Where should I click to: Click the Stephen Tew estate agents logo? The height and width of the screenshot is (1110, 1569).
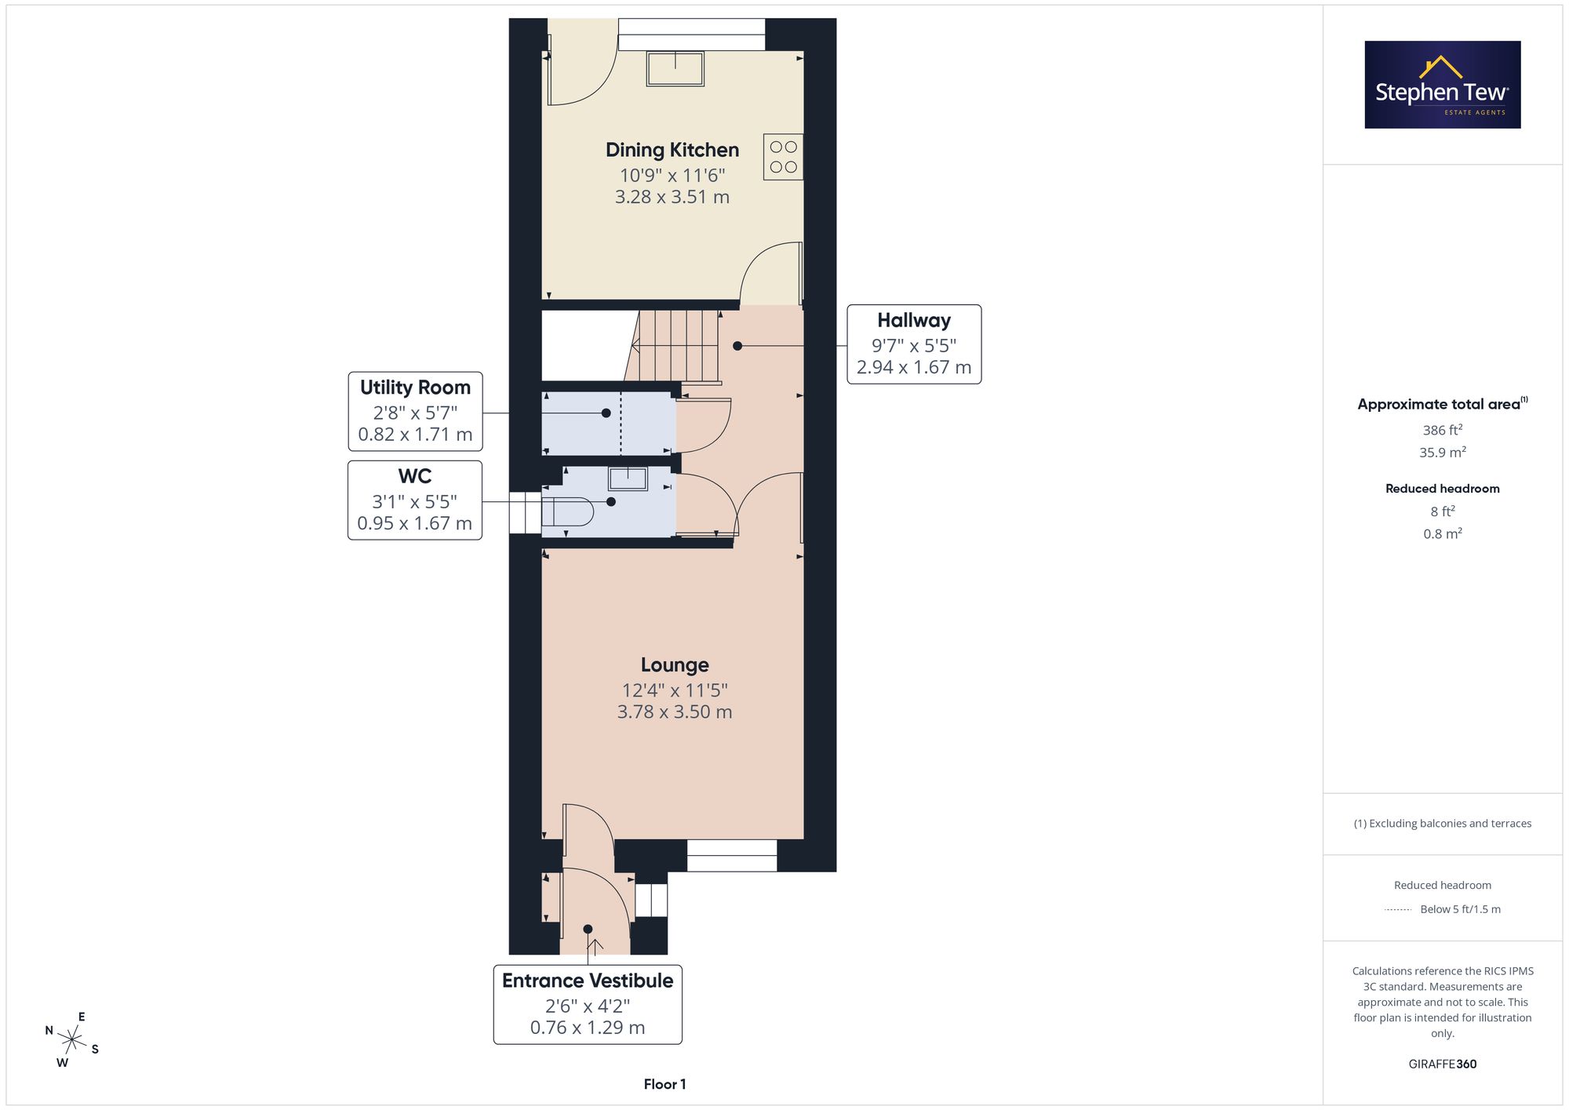point(1443,85)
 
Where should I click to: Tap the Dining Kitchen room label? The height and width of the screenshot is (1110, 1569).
point(672,150)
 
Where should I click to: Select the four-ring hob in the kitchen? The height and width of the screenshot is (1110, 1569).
point(783,157)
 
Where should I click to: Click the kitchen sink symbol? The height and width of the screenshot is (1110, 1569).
point(675,68)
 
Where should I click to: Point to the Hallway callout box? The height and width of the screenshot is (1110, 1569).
point(914,344)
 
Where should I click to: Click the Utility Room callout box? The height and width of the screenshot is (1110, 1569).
point(415,411)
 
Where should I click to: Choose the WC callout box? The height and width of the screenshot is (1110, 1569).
point(415,500)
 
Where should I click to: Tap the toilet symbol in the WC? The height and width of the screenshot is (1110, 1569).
point(567,512)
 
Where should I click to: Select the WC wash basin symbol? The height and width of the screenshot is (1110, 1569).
point(628,479)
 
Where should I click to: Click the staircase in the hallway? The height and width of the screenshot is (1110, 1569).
point(675,346)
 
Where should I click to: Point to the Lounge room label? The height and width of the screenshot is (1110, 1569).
point(675,664)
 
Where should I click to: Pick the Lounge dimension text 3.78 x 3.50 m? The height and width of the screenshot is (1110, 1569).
point(675,711)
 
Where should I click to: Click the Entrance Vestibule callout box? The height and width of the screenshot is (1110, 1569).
point(588,1004)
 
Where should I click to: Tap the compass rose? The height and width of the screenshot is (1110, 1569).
point(72,1040)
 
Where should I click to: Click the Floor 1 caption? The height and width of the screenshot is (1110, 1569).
point(664,1084)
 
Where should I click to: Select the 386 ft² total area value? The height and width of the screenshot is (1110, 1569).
point(1443,430)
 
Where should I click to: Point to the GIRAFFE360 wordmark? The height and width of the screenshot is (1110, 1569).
point(1443,1064)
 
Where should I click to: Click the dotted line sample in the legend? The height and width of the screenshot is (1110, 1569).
point(1398,910)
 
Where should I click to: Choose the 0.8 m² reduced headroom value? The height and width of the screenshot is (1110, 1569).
point(1443,533)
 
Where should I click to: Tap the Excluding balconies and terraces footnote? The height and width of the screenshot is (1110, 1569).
point(1443,823)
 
